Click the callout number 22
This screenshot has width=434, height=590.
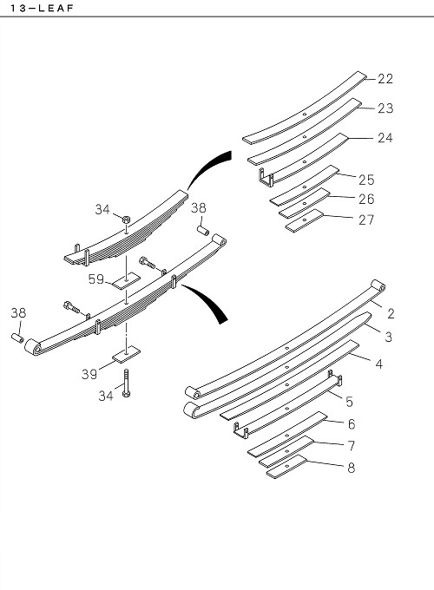(385, 79)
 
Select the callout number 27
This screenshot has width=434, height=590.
(366, 220)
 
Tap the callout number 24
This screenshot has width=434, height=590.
(385, 138)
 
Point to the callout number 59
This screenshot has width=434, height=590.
(96, 279)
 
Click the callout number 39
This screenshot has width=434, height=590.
(89, 374)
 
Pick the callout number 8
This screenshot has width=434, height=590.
(352, 468)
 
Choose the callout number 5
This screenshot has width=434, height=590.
(349, 402)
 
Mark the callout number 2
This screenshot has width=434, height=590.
(391, 313)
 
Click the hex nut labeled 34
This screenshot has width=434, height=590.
(127, 219)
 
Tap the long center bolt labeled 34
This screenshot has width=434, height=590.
(127, 383)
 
